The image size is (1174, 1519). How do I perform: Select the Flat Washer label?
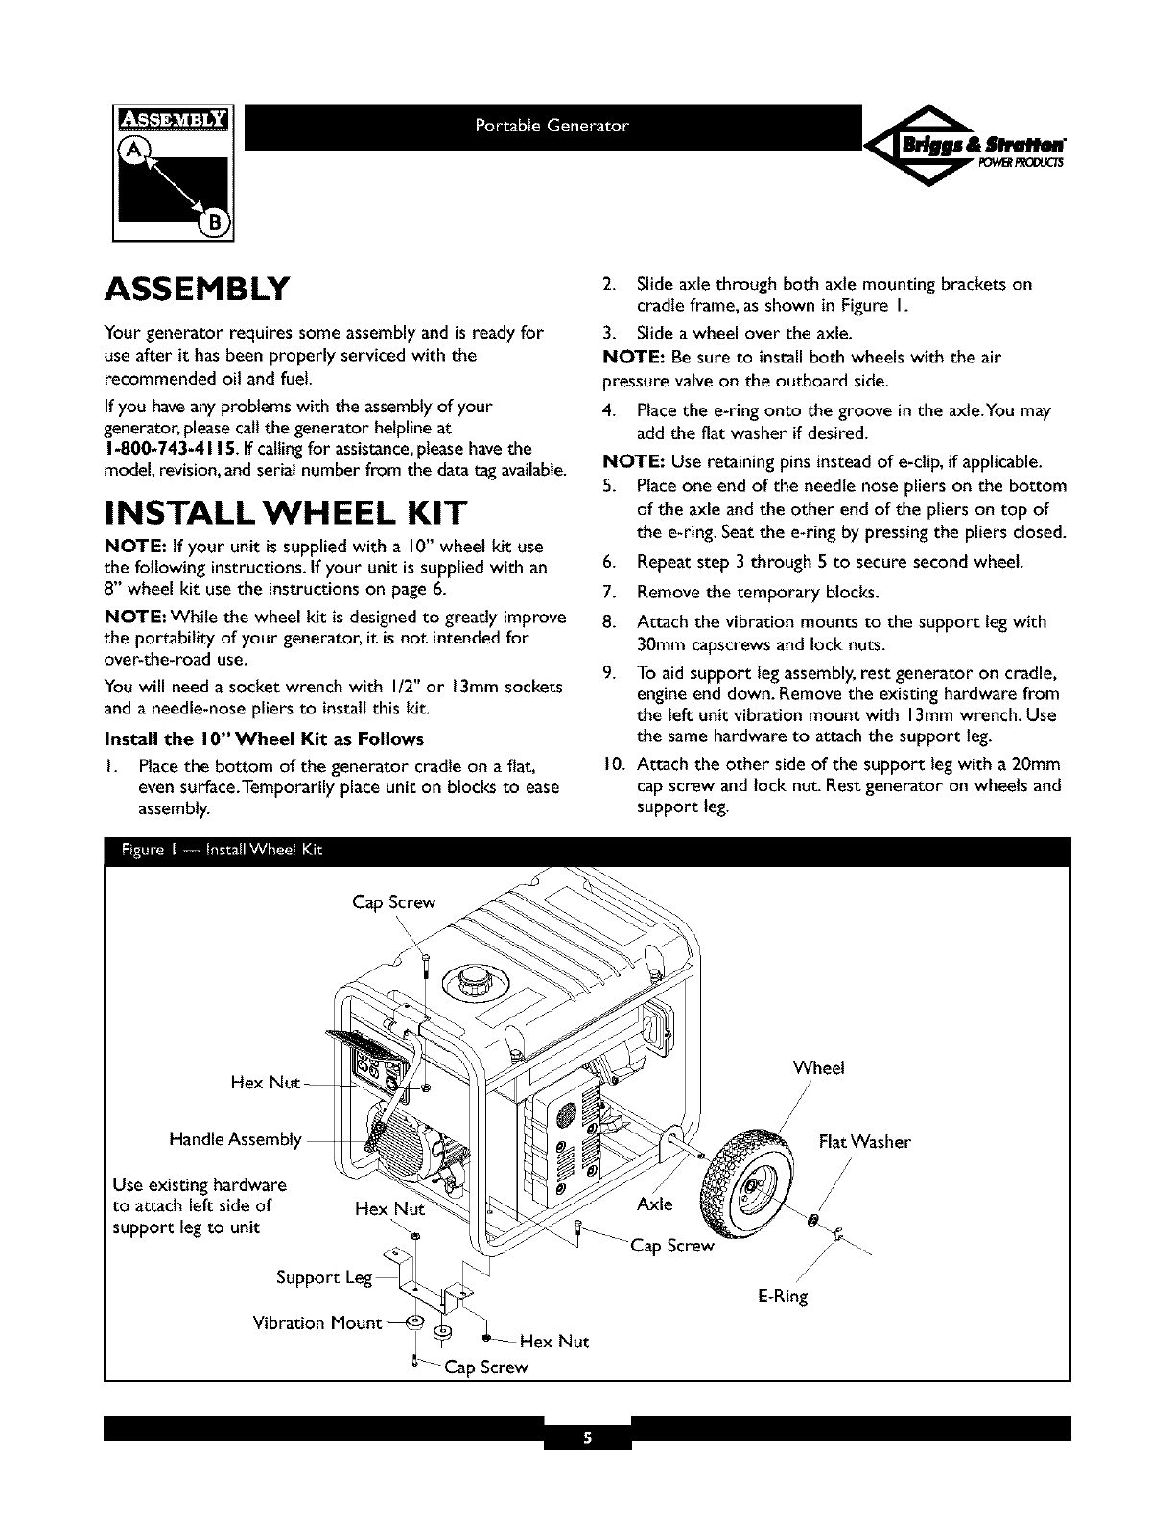click(864, 1142)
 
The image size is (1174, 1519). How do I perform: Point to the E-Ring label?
click(783, 1297)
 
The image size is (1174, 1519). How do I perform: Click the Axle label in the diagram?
click(654, 1204)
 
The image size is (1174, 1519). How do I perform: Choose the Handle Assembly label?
click(235, 1139)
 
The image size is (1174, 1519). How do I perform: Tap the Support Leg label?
click(309, 1277)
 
